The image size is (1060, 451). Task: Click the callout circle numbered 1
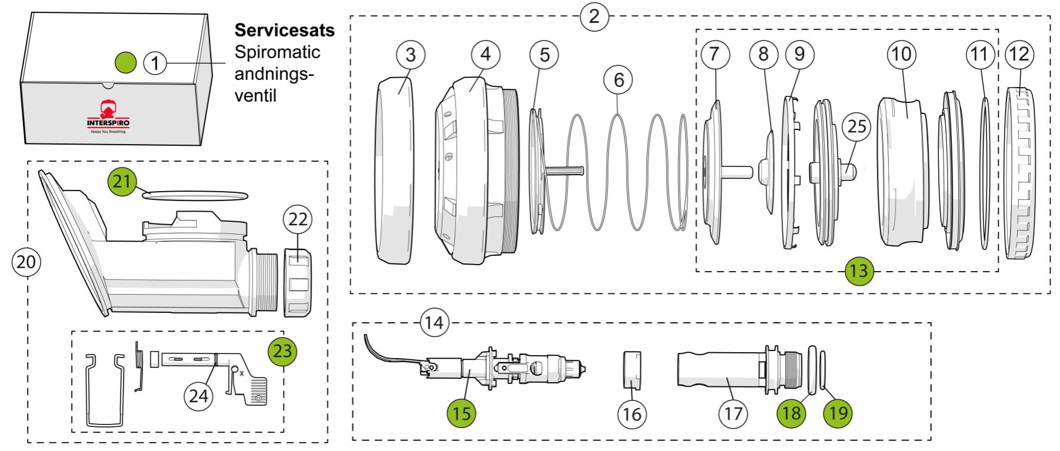(x=155, y=62)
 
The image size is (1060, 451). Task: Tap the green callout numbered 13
(x=859, y=271)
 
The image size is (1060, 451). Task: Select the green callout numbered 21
(x=122, y=182)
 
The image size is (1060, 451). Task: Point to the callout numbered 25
(x=856, y=126)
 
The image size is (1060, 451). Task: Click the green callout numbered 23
(x=283, y=352)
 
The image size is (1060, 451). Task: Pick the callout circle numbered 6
(x=619, y=79)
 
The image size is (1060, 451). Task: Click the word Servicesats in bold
(x=284, y=31)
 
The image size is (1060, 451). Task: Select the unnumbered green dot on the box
(x=125, y=61)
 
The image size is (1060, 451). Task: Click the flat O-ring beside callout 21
(x=196, y=195)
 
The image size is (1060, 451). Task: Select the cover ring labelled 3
(x=394, y=171)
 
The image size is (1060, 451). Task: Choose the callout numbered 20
(x=26, y=262)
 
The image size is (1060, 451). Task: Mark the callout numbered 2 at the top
(x=594, y=16)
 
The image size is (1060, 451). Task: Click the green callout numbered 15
(x=461, y=413)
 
